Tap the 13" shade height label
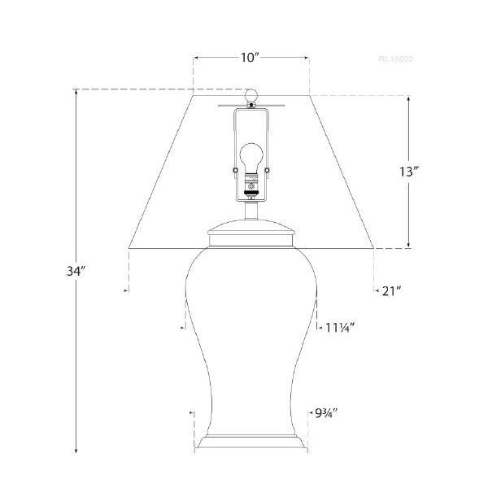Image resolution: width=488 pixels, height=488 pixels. (409, 172)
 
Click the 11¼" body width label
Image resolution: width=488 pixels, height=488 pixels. (340, 327)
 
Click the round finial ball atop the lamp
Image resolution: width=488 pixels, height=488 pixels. (251, 97)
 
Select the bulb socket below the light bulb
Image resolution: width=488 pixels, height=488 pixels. (251, 190)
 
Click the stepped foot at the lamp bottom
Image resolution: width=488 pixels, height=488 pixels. (251, 446)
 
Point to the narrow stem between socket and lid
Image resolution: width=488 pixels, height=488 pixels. (251, 211)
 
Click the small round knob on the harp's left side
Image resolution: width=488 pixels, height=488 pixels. (236, 169)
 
